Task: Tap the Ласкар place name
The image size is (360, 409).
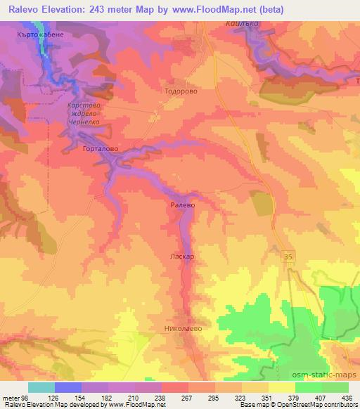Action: pos(181,257)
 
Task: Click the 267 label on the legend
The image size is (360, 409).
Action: pos(188,398)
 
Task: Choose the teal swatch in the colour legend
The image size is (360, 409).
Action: pos(41,387)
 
